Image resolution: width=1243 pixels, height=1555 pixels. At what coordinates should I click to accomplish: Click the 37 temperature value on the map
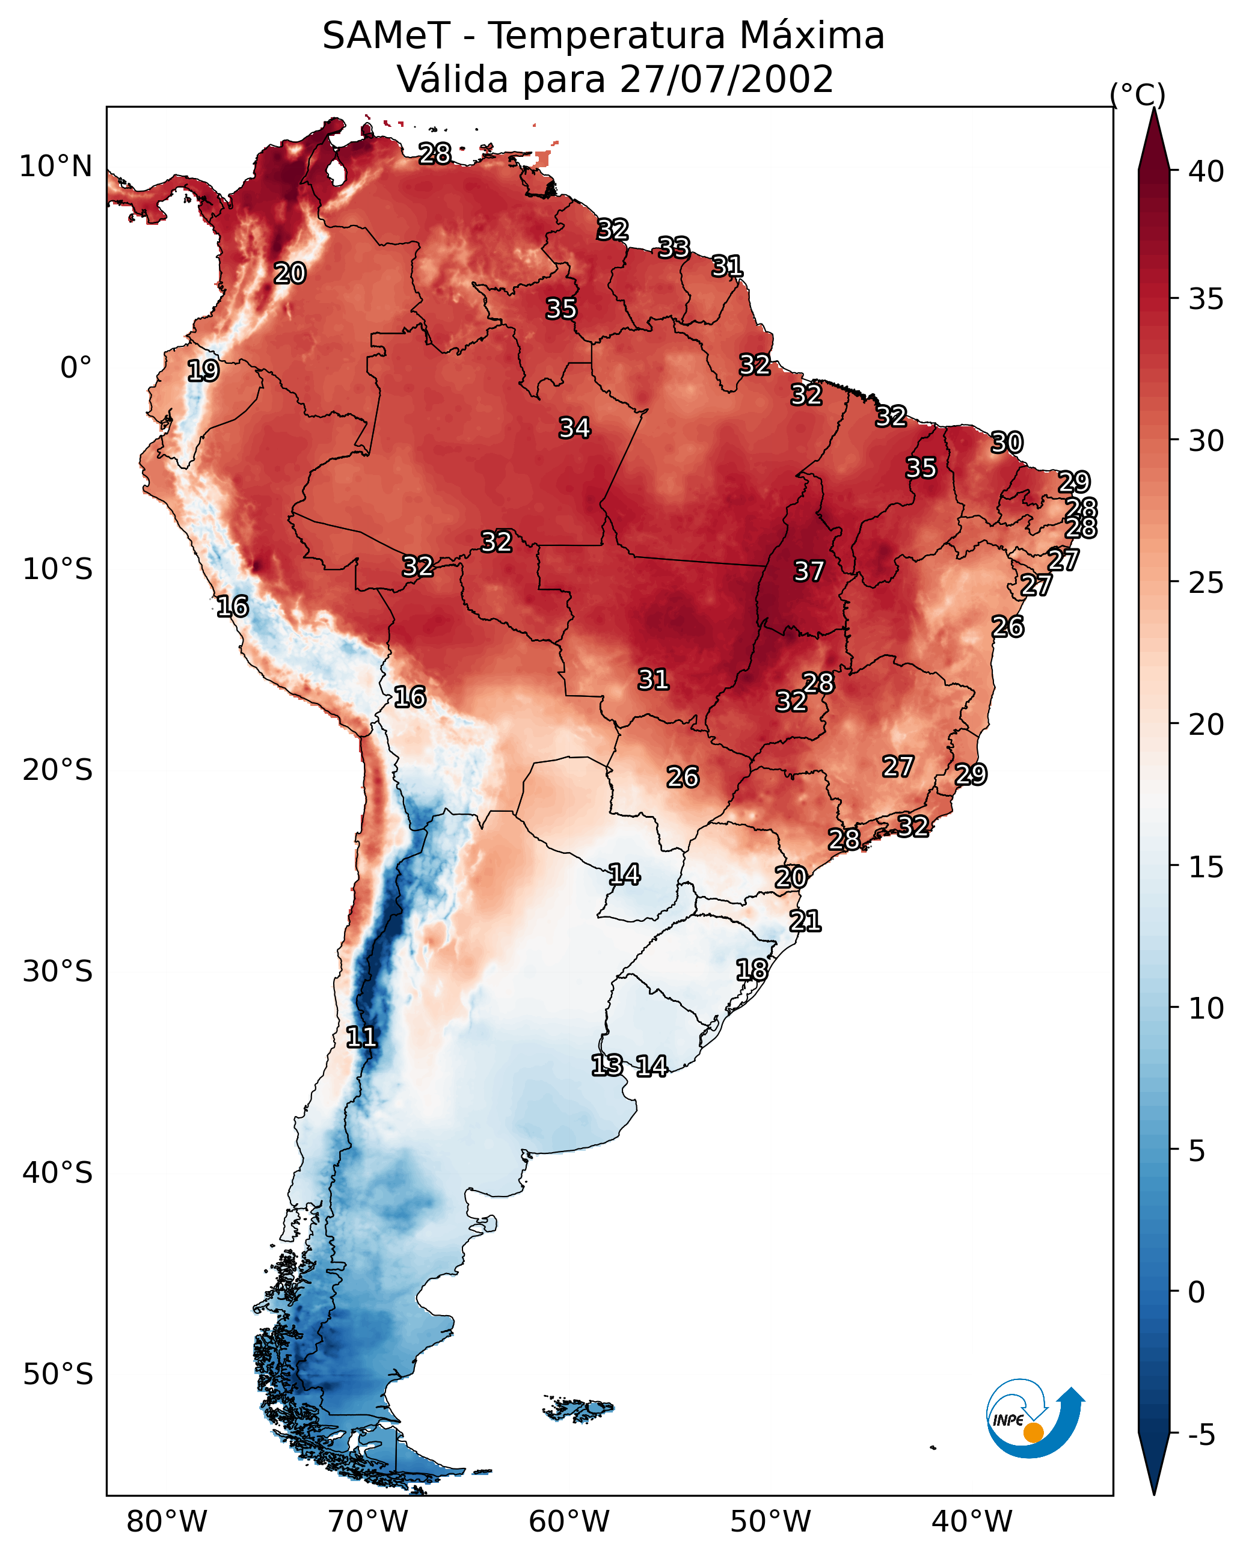(809, 571)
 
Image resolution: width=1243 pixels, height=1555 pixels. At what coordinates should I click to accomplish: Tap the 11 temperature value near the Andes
(361, 1037)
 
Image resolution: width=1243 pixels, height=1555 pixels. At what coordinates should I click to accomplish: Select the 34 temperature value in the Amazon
(575, 428)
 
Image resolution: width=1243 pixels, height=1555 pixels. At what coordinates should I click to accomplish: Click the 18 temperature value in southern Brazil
(752, 969)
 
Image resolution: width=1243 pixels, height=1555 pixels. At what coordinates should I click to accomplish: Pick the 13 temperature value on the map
(607, 1066)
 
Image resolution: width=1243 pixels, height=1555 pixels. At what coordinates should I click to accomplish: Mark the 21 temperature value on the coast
(805, 921)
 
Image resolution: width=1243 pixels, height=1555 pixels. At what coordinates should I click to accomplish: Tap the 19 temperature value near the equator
(203, 371)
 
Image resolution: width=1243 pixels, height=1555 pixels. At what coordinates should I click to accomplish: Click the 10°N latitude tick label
(55, 167)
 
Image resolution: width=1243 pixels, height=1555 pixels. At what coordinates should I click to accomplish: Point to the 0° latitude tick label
(76, 368)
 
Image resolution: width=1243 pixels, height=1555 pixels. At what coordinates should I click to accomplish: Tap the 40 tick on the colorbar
(1206, 171)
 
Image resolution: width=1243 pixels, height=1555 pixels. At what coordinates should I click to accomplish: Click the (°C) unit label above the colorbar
(1137, 95)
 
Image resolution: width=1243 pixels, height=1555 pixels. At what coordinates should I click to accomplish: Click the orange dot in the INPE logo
(1033, 1432)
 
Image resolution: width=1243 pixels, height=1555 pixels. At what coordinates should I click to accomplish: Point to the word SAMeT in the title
(387, 36)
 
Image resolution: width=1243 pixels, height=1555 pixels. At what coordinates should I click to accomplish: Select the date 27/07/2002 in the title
(726, 79)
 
